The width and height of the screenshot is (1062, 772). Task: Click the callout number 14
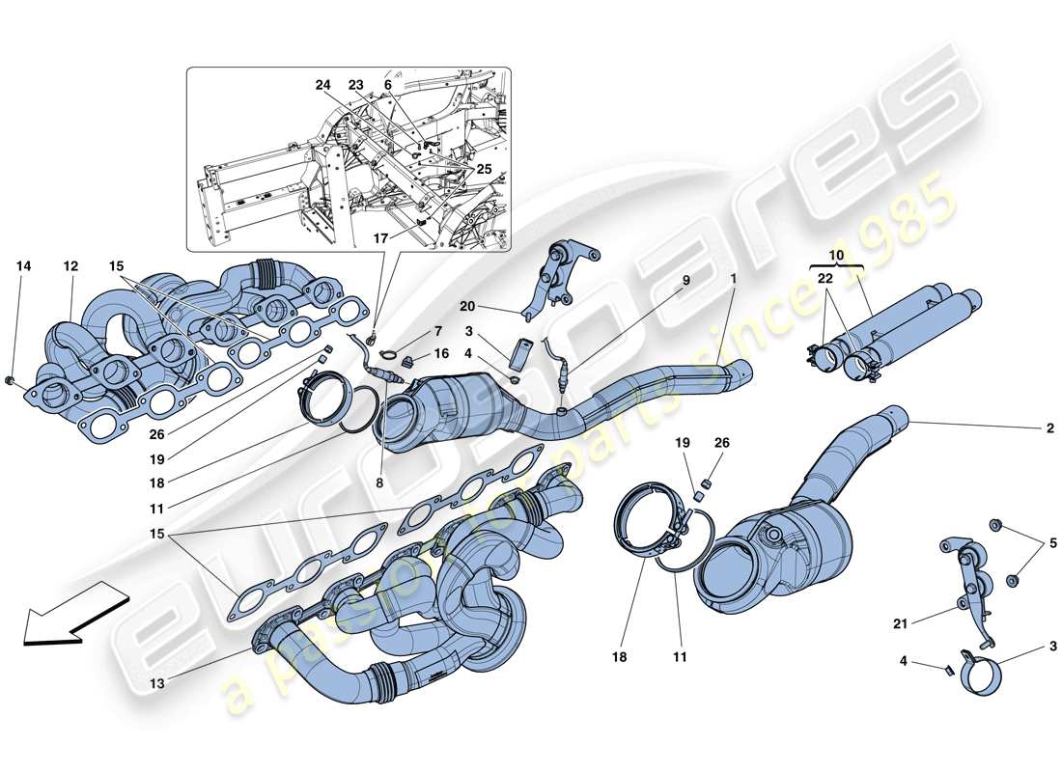tap(23, 265)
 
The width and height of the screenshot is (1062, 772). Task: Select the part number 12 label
tap(70, 265)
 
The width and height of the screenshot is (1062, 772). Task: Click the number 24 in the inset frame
tap(322, 85)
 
